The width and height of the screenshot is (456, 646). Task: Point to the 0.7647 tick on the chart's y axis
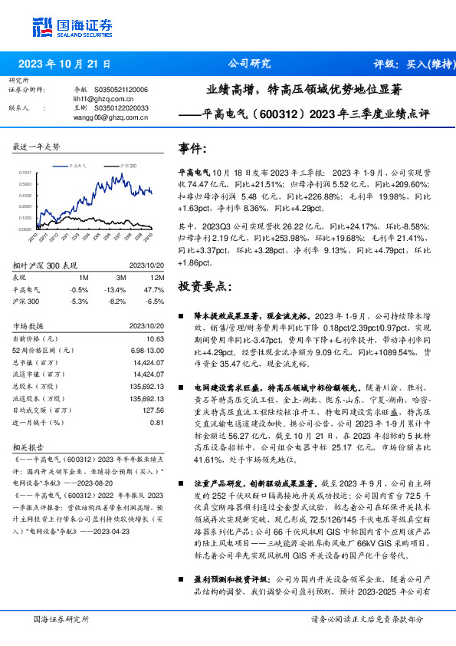coord(25,173)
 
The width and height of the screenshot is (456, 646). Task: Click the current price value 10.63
coord(156,338)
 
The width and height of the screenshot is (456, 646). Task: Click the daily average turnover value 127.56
coord(153,410)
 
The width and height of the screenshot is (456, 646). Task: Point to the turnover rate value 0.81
coord(157,422)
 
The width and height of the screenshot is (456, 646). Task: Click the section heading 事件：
coord(192,148)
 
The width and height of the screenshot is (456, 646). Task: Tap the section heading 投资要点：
coord(204,287)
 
